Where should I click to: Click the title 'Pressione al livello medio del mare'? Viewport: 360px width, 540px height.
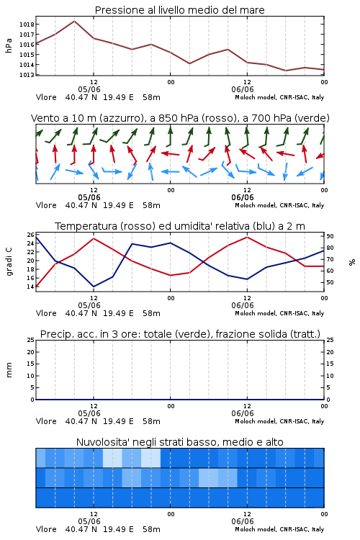(179, 10)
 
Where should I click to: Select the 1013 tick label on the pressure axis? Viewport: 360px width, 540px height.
(27, 75)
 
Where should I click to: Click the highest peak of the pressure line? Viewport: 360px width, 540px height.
(74, 21)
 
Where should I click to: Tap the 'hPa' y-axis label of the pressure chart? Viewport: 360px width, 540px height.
(9, 45)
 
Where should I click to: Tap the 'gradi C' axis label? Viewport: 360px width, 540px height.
(9, 261)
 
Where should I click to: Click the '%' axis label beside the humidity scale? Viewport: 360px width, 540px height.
(352, 262)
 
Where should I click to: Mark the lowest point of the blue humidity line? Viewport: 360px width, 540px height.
(94, 287)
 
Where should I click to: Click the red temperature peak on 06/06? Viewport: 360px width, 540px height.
(247, 237)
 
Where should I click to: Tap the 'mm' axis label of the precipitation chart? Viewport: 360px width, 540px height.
(9, 370)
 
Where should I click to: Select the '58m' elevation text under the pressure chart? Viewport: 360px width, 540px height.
(152, 97)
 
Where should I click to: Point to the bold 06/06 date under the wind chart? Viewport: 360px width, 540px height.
(243, 198)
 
